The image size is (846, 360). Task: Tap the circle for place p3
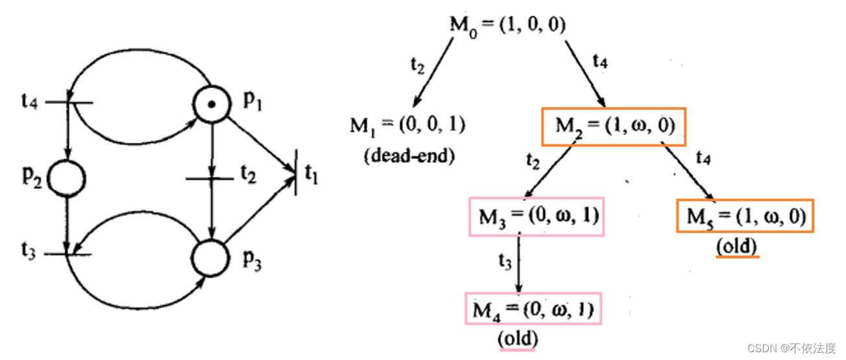point(211,258)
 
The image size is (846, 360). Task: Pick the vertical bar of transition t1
point(296,173)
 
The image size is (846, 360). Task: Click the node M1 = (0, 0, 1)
point(407,125)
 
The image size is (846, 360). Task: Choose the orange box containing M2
point(613,125)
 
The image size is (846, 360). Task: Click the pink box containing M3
point(537,217)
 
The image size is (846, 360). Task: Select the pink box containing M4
point(533,309)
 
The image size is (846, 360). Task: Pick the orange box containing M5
point(745,217)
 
